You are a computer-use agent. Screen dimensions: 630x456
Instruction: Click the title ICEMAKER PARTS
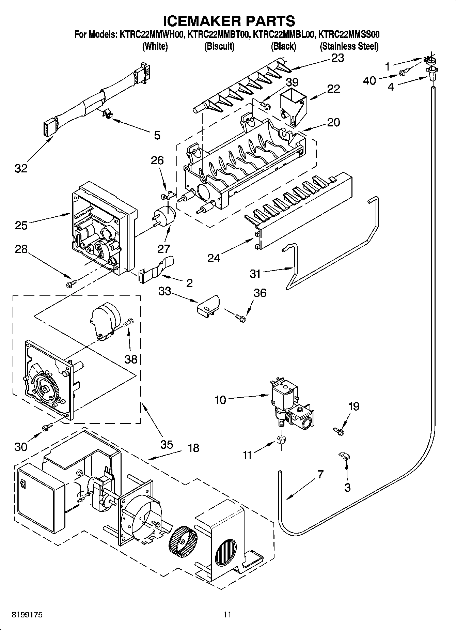[229, 21]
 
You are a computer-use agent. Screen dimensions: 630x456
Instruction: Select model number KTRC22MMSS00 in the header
[349, 34]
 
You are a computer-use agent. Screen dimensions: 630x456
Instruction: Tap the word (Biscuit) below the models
[219, 46]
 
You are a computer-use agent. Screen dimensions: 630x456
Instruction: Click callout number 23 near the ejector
[337, 58]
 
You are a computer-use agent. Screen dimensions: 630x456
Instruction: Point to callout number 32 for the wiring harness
[21, 168]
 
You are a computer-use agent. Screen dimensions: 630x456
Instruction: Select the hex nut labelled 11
[281, 440]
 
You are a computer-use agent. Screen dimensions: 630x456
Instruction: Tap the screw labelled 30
[47, 427]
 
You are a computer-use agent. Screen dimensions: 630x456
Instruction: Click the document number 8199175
[27, 614]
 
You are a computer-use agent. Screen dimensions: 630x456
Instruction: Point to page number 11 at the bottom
[227, 614]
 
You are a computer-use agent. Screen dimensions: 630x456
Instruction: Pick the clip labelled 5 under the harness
[108, 114]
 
